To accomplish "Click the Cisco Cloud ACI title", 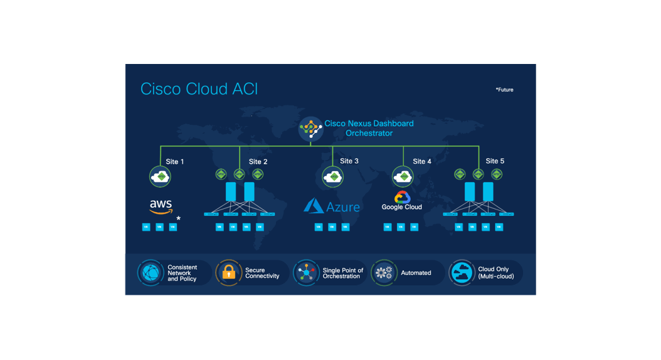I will (199, 89).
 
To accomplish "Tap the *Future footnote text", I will (504, 90).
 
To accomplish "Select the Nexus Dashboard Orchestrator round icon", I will (310, 128).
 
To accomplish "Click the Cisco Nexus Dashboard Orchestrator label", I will (369, 129).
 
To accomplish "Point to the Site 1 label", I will (175, 162).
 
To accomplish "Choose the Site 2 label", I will (258, 162).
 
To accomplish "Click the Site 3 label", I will (349, 161).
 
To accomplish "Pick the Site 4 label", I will (422, 162).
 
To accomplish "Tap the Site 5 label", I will (495, 161).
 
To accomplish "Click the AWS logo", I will (161, 206).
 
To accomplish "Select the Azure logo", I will (332, 206).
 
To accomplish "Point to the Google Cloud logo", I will (402, 201).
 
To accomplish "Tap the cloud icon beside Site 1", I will (161, 177).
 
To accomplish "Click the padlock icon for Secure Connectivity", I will (228, 272).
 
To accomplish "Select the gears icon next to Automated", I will (384, 273).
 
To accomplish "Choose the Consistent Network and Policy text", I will (182, 273).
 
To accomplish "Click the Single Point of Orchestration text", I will (342, 273).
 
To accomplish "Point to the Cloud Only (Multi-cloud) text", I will (495, 273).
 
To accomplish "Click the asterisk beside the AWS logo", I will (179, 218).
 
